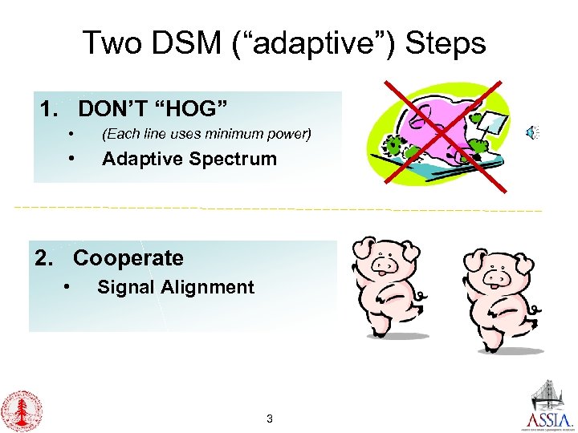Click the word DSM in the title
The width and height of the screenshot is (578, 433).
pyautogui.click(x=193, y=42)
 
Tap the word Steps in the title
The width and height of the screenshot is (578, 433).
pyautogui.click(x=446, y=42)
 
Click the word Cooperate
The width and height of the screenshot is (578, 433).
pyautogui.click(x=128, y=258)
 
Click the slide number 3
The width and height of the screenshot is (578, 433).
pyautogui.click(x=270, y=419)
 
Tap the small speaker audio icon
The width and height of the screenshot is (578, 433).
pyautogui.click(x=532, y=133)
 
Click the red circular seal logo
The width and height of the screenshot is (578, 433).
pyautogui.click(x=22, y=411)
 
